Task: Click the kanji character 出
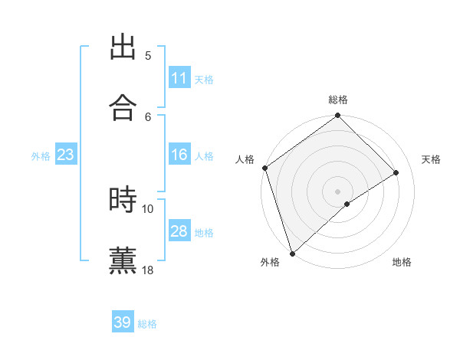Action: (x=123, y=47)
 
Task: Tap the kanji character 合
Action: (x=123, y=107)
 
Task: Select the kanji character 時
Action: (x=123, y=200)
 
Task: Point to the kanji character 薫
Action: (x=123, y=260)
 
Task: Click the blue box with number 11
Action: (x=179, y=77)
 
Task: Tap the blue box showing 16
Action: (x=179, y=155)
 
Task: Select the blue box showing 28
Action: (x=179, y=231)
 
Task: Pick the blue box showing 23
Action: (x=66, y=155)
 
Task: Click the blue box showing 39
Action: (x=123, y=322)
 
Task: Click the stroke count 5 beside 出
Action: (x=148, y=56)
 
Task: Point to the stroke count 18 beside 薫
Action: (x=148, y=270)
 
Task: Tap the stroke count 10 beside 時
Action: (x=148, y=208)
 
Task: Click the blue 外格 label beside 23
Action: (x=41, y=155)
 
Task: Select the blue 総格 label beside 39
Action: (x=147, y=324)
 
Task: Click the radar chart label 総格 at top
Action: (x=338, y=100)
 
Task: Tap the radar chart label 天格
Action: (x=432, y=159)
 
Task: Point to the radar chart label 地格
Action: (x=402, y=263)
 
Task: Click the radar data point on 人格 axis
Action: (x=264, y=168)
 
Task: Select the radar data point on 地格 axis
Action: (x=347, y=204)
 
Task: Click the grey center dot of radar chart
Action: (x=337, y=191)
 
